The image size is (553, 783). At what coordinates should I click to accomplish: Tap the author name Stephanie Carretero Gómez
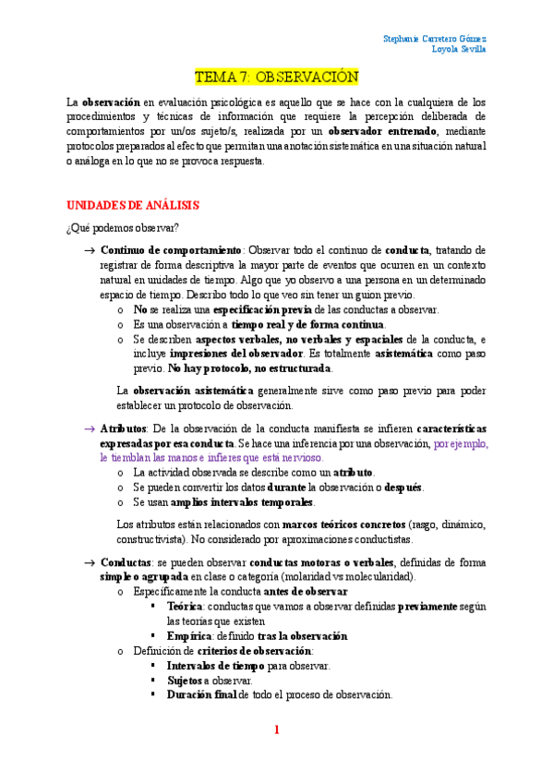pos(435,39)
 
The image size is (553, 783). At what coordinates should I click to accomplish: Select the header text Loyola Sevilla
pos(460,50)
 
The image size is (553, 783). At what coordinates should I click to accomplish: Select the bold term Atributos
pos(123,429)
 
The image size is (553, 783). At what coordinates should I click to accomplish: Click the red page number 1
pos(276,729)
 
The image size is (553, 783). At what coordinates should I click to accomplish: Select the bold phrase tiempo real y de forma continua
pos(307,325)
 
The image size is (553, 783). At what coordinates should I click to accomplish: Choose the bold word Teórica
pos(186,607)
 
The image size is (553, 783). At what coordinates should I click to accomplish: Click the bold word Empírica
pos(189,636)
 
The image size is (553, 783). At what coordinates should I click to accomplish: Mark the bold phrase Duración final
pos(202,695)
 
